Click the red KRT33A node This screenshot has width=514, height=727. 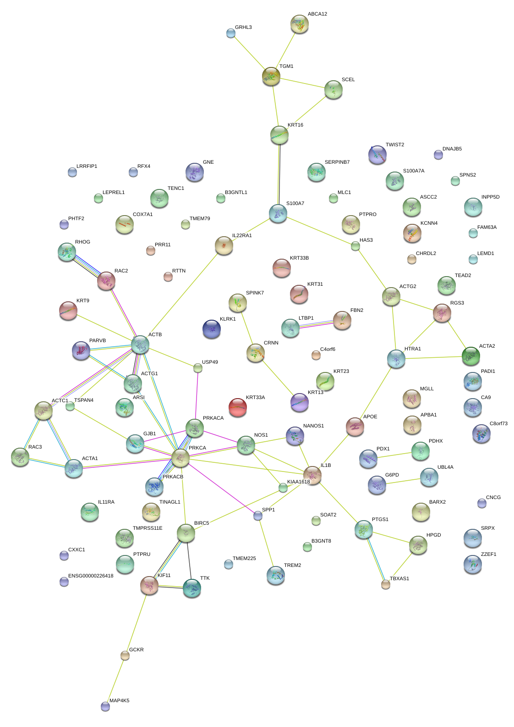click(237, 407)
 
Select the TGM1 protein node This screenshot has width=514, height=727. click(271, 76)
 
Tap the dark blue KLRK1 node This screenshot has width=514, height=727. click(212, 328)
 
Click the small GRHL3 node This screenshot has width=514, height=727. click(231, 33)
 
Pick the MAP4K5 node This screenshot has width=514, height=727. click(105, 706)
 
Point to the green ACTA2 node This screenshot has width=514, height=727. click(470, 355)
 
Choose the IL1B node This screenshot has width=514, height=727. click(312, 475)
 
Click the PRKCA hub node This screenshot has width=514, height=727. click(180, 458)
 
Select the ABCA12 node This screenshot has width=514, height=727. click(299, 24)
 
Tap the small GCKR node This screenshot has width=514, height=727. click(125, 655)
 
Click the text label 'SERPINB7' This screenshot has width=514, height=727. click(337, 162)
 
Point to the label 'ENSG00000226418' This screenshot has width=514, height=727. click(91, 576)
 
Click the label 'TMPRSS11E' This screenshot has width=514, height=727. click(148, 528)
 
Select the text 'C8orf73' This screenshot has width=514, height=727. click(498, 423)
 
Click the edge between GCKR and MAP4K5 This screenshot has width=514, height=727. click(115, 681)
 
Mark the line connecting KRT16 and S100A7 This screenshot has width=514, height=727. click(279, 174)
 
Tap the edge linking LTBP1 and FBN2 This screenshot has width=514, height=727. click(316, 324)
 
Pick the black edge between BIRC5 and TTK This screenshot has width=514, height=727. click(189, 561)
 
